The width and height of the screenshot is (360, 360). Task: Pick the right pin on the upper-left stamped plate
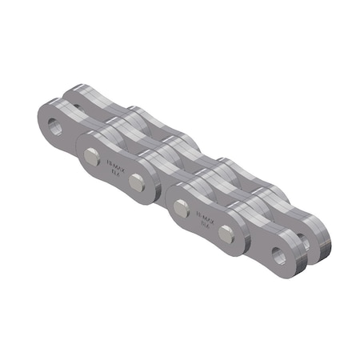pyautogui.click(x=136, y=181)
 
